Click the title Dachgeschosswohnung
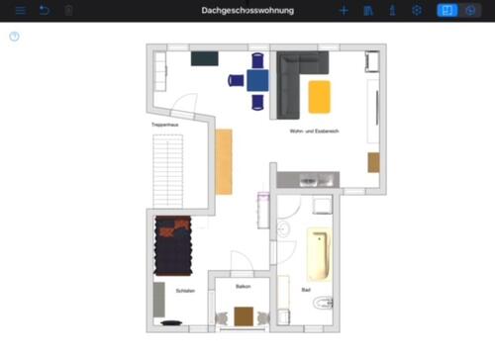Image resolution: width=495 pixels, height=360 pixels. coord(247,10)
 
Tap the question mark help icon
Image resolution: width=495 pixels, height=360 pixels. coord(14,37)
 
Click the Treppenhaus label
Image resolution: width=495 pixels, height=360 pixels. coord(163,125)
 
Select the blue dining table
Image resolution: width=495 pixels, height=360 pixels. coord(257,80)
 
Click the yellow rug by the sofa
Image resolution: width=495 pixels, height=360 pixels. coord(319,96)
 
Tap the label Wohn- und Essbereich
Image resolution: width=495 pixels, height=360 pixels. coord(315,132)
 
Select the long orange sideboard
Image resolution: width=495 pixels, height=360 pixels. coord(224,161)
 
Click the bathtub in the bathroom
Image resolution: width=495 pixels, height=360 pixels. coord(318,253)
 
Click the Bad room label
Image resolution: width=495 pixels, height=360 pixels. coord(305,290)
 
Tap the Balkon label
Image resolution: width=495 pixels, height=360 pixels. coord(243,287)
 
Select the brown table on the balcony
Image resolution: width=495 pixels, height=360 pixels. coord(244,316)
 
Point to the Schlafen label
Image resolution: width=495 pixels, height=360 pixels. coord(185,291)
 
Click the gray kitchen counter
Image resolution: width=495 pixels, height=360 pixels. coord(307,179)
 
